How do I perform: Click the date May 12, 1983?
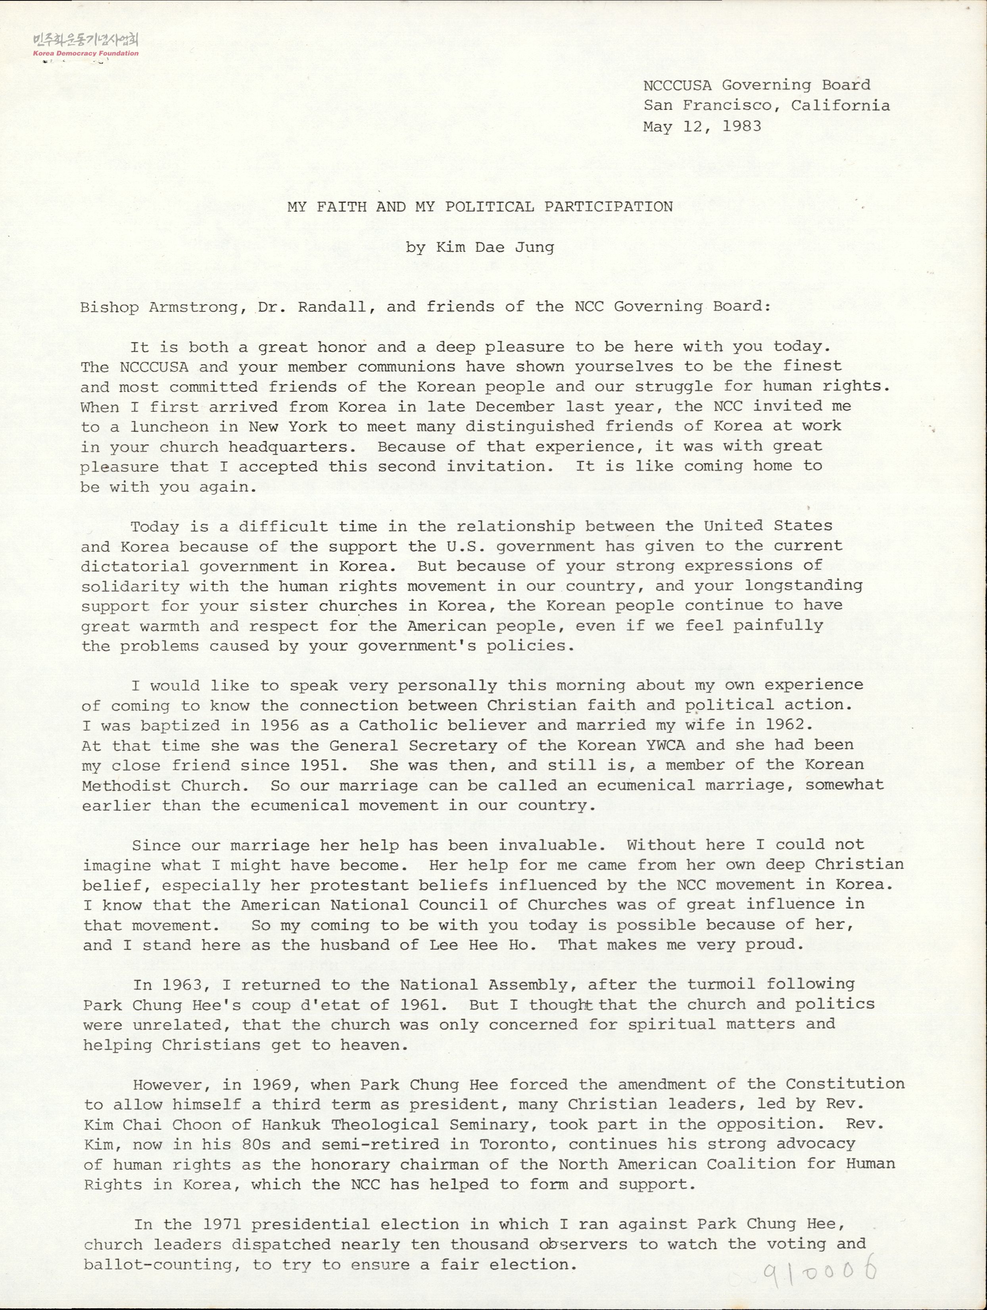point(702,126)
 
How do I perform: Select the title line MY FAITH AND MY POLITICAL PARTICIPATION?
point(480,207)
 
